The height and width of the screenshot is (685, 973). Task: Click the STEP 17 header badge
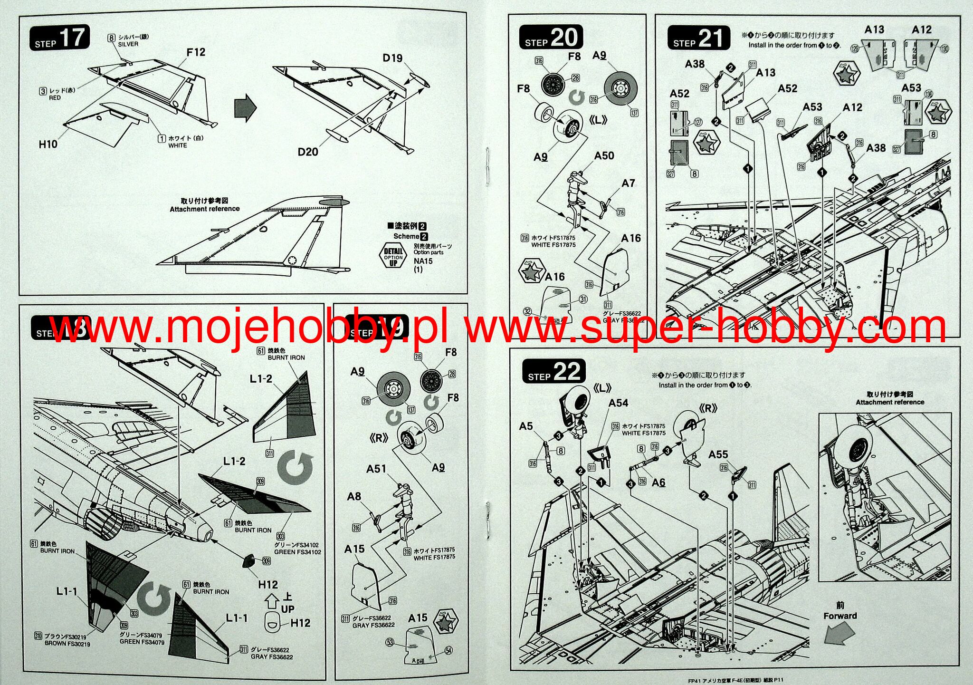tap(60, 38)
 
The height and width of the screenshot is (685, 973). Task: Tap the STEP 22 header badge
tap(553, 372)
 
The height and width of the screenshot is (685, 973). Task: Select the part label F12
tap(196, 52)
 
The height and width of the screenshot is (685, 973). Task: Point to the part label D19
tap(392, 58)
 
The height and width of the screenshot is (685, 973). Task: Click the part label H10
tap(48, 144)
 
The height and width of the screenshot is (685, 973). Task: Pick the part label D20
tap(308, 152)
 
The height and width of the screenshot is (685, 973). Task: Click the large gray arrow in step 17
tap(245, 108)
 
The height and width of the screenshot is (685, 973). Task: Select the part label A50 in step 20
tap(604, 156)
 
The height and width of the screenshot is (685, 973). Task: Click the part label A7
tap(628, 183)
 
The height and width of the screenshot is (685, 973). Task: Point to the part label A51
tap(376, 469)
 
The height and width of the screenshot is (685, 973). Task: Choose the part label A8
tap(354, 497)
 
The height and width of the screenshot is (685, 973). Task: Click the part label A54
tap(618, 403)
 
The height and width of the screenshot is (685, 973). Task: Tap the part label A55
tap(718, 454)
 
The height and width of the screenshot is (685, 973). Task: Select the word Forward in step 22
tap(840, 616)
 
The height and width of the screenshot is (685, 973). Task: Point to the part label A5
tap(526, 426)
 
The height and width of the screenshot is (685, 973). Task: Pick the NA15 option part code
tap(423, 261)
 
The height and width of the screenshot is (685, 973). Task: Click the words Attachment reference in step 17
tap(205, 209)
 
